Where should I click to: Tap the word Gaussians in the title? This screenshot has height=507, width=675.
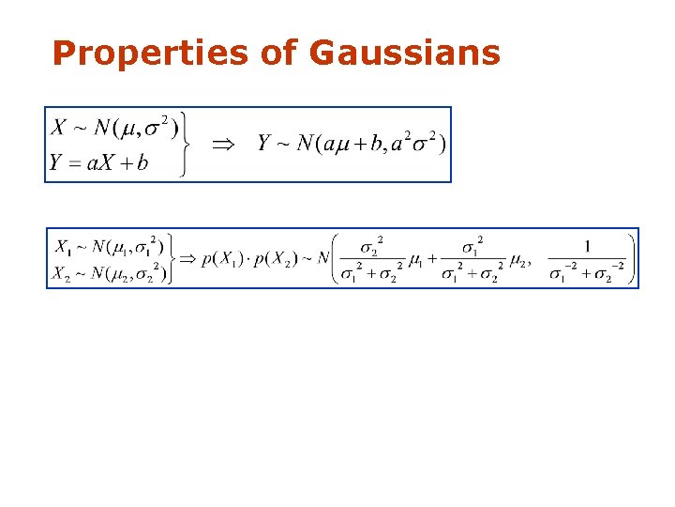(404, 54)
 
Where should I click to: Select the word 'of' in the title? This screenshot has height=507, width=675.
(278, 54)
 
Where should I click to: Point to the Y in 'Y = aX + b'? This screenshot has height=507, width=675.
(55, 162)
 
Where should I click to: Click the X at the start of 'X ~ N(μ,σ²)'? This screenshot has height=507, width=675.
(58, 127)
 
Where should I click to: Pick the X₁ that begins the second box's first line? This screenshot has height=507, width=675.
(62, 248)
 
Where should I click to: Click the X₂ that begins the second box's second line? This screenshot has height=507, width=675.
(62, 273)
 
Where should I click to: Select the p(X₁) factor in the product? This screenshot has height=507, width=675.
(223, 258)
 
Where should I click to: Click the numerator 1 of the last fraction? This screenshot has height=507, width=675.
(587, 246)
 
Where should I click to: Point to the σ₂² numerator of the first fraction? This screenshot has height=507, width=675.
(372, 245)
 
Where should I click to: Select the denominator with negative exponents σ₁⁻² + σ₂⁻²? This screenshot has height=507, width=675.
(587, 273)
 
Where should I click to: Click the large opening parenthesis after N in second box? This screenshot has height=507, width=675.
(337, 258)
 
